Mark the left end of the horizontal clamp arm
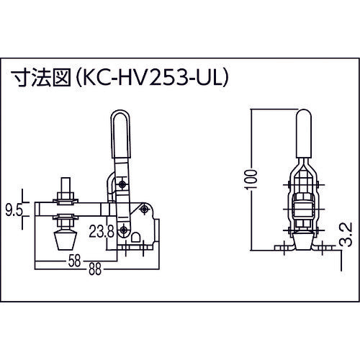pos(42,210)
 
